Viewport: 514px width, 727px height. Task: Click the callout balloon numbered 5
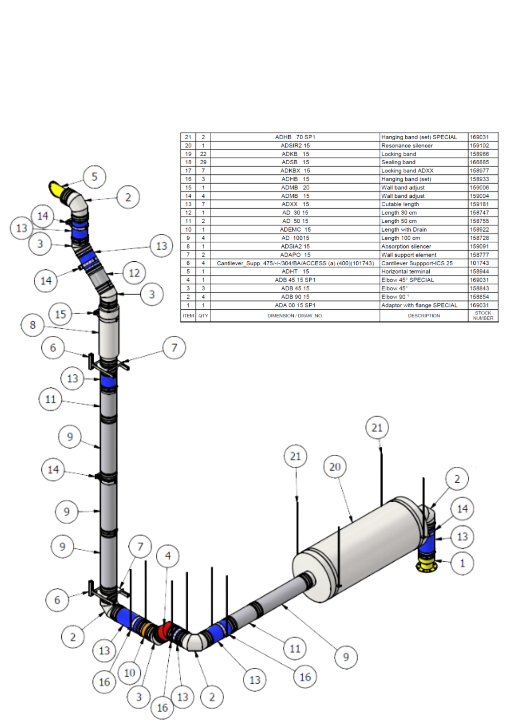(x=95, y=177)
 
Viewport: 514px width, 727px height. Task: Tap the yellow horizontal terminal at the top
(x=55, y=188)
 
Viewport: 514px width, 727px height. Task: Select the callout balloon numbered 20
(x=335, y=467)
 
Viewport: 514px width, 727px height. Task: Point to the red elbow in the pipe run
(x=165, y=631)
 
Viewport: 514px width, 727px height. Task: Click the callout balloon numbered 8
(x=32, y=325)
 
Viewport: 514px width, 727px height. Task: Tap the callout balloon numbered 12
(x=134, y=273)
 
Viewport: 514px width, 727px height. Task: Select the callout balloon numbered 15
(x=60, y=314)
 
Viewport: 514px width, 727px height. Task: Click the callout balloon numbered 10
(x=129, y=673)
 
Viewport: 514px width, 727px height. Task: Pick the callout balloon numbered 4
(x=168, y=556)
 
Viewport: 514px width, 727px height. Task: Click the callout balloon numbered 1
(x=462, y=563)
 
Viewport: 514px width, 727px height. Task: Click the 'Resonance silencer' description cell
(x=407, y=146)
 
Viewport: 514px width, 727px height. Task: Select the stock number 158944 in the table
(x=479, y=272)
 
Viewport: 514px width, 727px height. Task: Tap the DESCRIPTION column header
(x=423, y=316)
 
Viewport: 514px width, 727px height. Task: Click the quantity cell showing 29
(x=203, y=162)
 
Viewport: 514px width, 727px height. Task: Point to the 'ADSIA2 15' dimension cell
(x=295, y=246)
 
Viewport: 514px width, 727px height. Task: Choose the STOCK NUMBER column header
(x=483, y=316)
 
